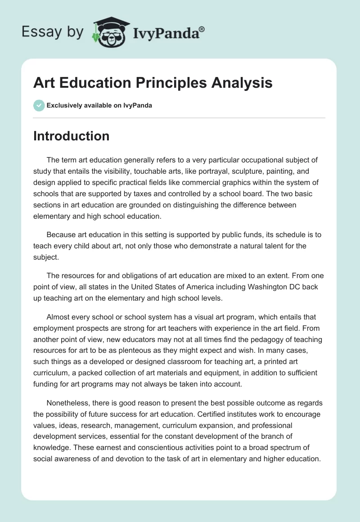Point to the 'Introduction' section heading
[x=71, y=136]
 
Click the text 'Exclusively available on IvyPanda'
[x=99, y=105]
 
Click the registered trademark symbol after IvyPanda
[x=202, y=29]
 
